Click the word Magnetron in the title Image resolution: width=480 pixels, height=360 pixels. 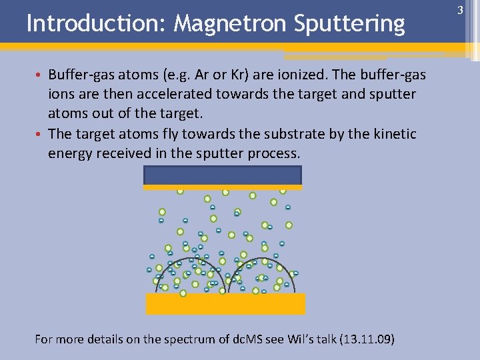click(231, 24)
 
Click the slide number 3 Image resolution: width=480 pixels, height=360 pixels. click(459, 10)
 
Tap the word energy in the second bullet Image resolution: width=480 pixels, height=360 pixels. click(69, 153)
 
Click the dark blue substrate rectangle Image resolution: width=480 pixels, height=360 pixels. click(223, 175)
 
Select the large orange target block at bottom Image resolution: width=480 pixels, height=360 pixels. click(225, 303)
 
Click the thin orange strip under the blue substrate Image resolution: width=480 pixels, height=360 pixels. click(223, 187)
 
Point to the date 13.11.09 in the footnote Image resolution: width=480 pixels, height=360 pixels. click(365, 339)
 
